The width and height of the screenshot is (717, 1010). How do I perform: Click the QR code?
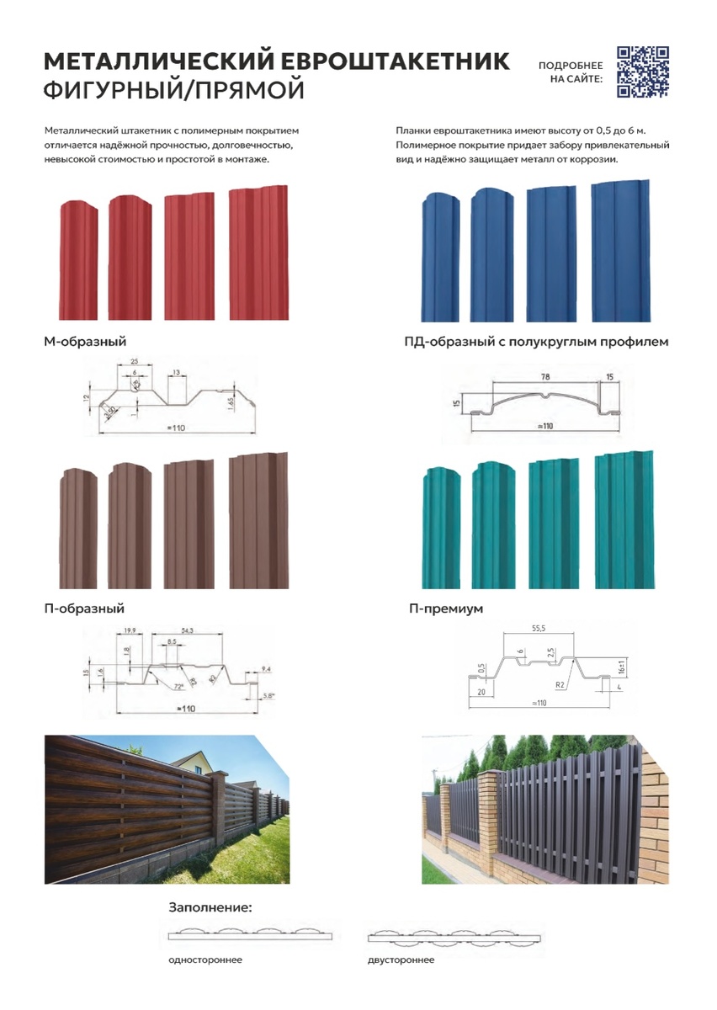tap(643, 71)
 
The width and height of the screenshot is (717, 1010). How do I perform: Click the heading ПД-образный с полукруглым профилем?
tap(536, 342)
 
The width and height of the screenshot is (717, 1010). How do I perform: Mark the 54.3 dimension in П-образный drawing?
tap(188, 630)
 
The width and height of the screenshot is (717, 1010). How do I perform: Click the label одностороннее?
tap(205, 960)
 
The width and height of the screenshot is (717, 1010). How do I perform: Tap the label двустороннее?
tap(401, 960)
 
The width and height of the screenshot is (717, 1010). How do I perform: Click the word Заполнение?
tap(210, 908)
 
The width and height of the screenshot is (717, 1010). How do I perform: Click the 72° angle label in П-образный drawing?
tap(178, 687)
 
